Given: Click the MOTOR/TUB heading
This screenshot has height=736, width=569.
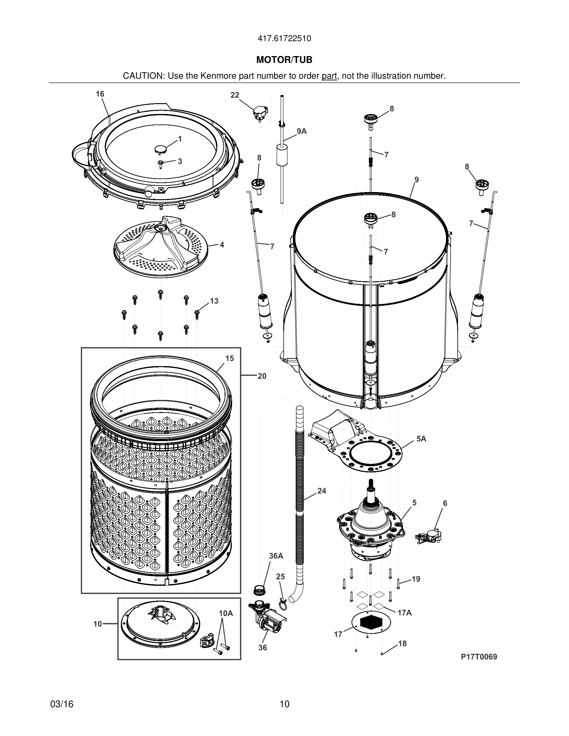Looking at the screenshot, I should (284, 60).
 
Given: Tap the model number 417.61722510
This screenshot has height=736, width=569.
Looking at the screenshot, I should (284, 39).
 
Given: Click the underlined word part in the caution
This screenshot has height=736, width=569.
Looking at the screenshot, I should (329, 76).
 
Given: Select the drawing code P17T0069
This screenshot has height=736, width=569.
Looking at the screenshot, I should (479, 657).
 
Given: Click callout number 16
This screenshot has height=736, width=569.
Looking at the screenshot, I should (100, 94).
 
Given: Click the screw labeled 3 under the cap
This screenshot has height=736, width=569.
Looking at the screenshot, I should (161, 163).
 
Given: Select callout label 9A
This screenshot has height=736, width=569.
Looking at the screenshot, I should (301, 131).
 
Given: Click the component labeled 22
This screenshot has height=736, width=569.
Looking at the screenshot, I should (260, 113).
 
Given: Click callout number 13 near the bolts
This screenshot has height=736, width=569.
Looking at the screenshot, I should (214, 301).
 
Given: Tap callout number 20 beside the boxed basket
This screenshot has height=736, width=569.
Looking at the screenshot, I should (262, 376).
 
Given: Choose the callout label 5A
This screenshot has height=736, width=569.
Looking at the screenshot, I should (421, 439).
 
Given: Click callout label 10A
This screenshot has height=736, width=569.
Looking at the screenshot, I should (226, 613).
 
